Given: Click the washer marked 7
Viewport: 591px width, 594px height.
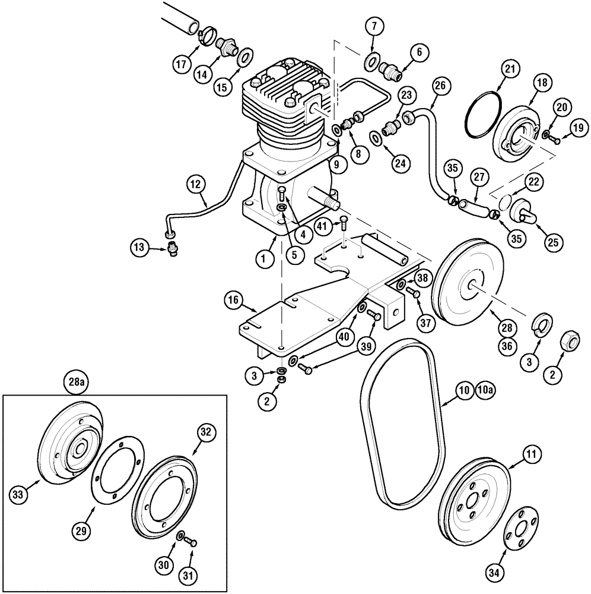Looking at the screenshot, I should point(373,61).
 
